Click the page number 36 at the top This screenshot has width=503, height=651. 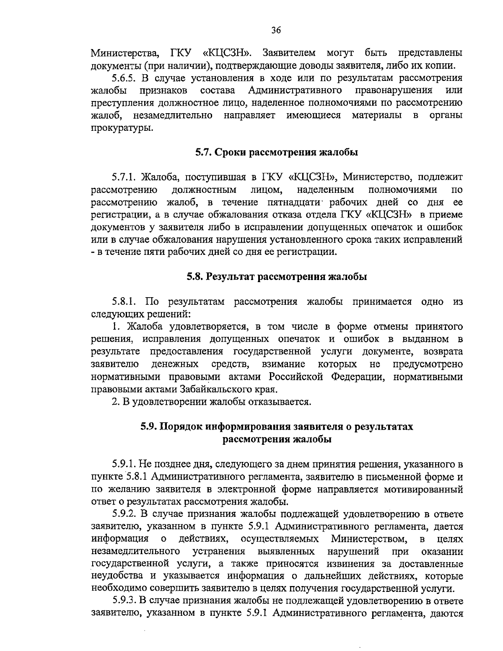276,30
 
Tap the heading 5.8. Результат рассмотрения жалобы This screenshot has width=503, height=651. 277,277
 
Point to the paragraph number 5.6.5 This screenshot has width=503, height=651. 124,78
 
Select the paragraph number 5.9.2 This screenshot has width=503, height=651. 124,514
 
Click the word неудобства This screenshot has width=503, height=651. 116,576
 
